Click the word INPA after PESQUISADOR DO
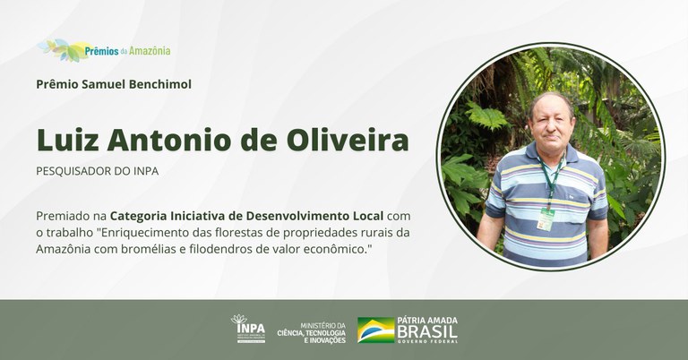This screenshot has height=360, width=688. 143,170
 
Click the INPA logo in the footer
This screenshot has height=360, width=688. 248,329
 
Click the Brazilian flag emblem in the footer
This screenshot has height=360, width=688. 375,330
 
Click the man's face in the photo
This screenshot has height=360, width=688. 550,120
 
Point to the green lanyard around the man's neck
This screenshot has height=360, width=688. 551,179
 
